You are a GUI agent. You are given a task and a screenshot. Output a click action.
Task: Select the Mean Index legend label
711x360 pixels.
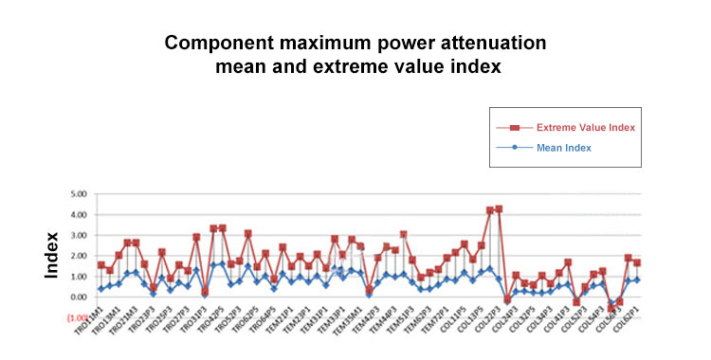click(564, 148)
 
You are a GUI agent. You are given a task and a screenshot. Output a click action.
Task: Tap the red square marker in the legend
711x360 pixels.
click(515, 127)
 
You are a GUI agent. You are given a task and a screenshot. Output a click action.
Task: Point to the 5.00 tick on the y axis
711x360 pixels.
click(79, 194)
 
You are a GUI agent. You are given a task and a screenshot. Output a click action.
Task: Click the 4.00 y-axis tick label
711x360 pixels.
click(79, 215)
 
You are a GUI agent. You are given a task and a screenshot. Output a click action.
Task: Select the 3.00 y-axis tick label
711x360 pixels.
click(79, 236)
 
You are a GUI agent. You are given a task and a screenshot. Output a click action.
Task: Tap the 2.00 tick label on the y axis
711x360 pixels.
click(79, 256)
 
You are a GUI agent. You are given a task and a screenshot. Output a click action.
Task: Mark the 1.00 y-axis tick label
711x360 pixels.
click(79, 277)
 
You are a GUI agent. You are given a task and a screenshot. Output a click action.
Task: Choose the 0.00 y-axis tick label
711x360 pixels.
click(79, 297)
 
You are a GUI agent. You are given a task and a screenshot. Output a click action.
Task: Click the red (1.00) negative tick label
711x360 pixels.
click(77, 318)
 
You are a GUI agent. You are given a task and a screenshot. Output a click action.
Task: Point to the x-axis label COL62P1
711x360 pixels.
click(625, 329)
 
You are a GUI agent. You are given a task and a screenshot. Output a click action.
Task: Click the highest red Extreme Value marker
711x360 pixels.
click(499, 208)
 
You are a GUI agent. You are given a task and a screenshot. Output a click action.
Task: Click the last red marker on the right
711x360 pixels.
click(637, 262)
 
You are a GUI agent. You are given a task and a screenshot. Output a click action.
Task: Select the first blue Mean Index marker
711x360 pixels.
click(100, 289)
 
